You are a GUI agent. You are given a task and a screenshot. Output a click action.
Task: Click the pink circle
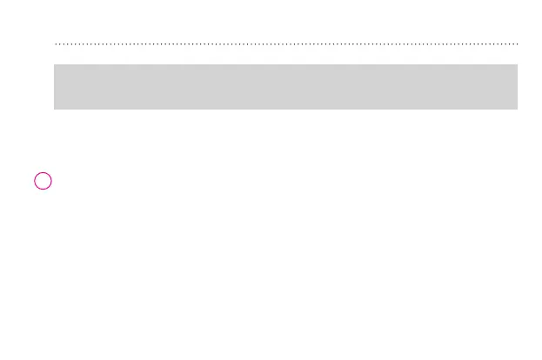point(43,181)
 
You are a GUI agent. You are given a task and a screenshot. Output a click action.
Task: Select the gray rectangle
point(285,86)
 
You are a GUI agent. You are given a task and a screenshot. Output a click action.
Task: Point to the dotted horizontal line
point(285,43)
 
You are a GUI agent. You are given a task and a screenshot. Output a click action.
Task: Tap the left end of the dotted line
point(55,43)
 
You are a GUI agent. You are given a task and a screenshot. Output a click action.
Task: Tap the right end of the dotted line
point(518,43)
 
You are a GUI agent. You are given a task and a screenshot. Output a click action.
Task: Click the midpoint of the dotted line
point(286,43)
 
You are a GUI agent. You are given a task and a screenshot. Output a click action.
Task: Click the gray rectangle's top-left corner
point(54,64)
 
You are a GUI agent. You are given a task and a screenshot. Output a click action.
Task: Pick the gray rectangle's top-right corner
point(518,64)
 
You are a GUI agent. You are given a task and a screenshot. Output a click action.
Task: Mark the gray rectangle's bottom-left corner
point(54,109)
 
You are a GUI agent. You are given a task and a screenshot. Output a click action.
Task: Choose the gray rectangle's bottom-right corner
point(518,109)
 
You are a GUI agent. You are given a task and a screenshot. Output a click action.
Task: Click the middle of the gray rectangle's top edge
point(285,64)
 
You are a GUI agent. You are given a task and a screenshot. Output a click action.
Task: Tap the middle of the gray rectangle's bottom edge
point(285,109)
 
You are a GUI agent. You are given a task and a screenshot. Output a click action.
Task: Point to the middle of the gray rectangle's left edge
point(54,86)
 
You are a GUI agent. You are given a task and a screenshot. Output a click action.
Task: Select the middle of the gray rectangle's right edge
point(518,86)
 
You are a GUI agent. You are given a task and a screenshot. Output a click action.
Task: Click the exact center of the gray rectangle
point(285,86)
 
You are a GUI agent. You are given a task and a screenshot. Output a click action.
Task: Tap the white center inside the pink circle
point(43,181)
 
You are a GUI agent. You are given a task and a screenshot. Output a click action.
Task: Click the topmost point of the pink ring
point(43,172)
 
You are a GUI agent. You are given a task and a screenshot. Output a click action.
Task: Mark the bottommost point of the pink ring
point(43,190)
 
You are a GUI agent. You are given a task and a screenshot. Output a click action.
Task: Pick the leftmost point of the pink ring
point(35,181)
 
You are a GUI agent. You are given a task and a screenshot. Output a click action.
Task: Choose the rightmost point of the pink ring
point(52,181)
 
